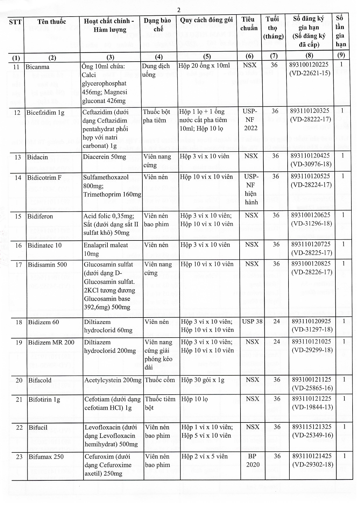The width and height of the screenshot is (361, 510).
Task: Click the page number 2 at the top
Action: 179,10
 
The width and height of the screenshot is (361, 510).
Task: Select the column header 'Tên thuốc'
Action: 52,22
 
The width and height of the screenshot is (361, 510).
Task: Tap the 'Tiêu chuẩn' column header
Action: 249,24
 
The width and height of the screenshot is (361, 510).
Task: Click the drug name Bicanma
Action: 38,67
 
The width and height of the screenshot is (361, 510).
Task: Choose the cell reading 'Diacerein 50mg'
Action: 105,157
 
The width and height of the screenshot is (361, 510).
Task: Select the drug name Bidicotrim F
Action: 44,177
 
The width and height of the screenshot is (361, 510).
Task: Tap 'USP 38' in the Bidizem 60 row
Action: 252,321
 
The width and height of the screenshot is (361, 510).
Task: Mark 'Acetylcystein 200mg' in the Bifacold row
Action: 113,380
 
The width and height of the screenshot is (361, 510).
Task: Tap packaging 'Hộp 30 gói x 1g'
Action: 203,380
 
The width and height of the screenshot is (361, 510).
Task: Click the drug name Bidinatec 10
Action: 45,245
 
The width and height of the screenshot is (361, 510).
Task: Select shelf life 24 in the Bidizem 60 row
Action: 276,321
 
